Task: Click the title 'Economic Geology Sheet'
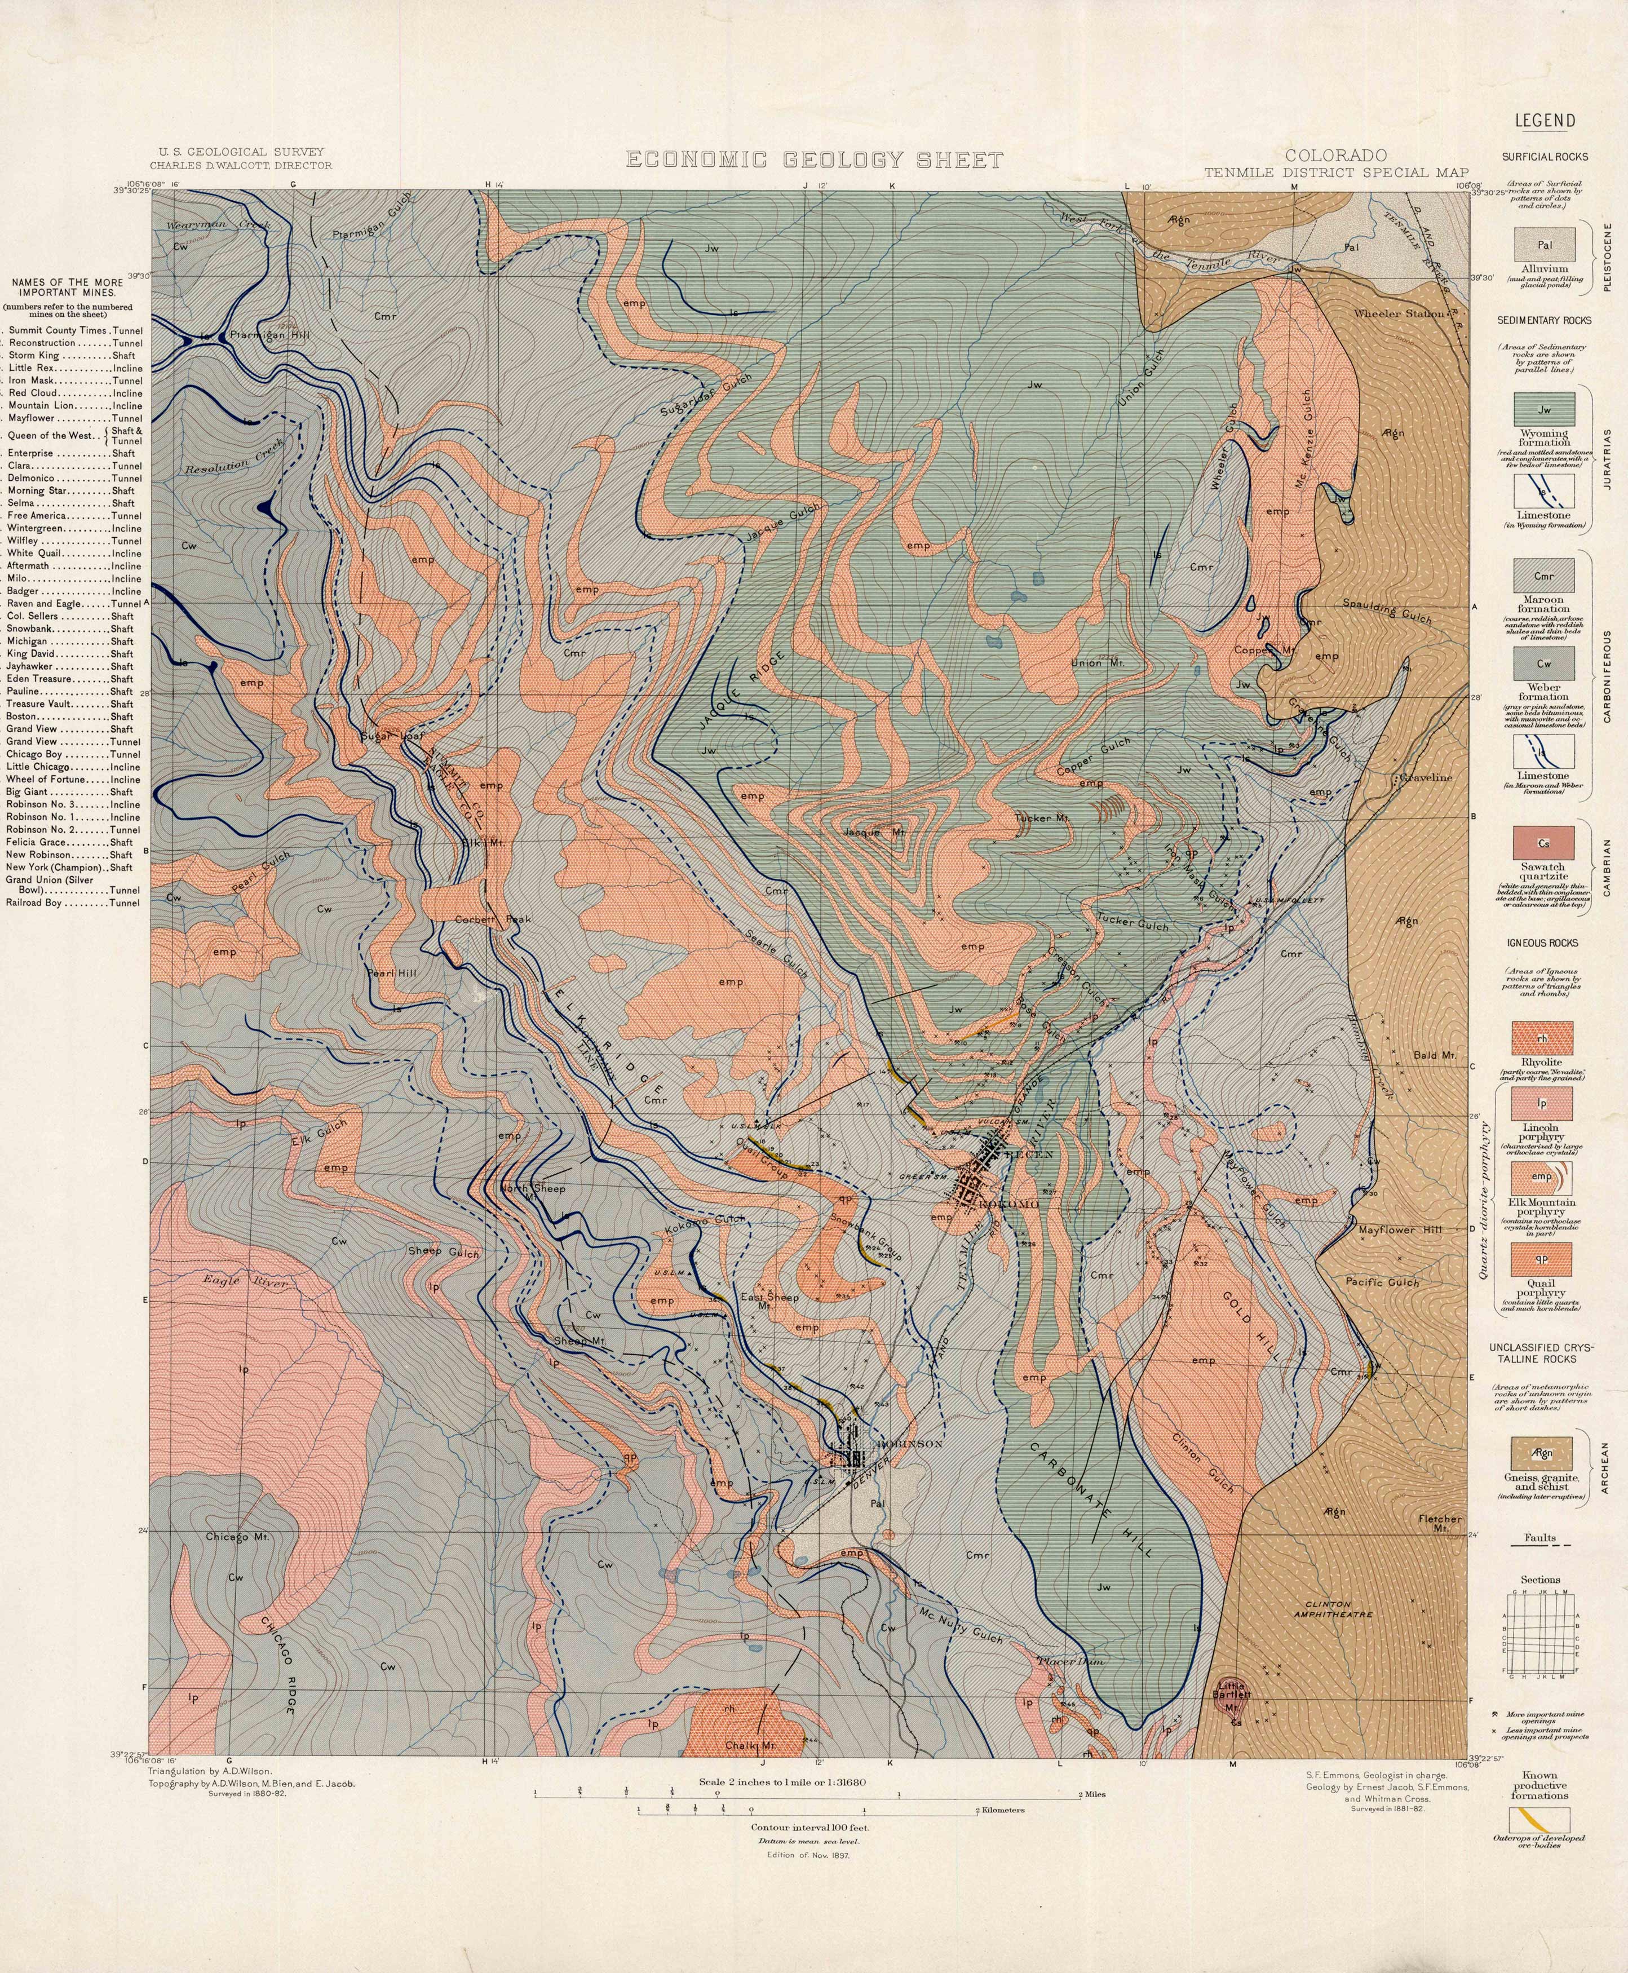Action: coord(814,160)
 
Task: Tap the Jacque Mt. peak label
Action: coord(874,832)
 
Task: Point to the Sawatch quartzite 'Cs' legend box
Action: coord(1543,843)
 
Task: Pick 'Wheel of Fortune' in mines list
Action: coord(75,779)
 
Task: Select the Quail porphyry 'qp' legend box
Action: coord(1543,1259)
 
